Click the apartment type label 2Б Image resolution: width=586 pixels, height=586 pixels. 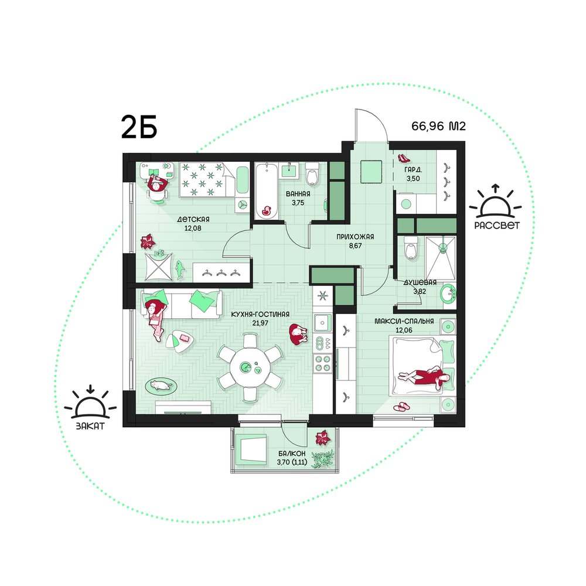point(139,127)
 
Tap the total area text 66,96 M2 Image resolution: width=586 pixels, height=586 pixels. point(438,126)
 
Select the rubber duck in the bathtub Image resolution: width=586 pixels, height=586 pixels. point(267,211)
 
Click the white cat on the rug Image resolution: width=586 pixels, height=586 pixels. point(161,384)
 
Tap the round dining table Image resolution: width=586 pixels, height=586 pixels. point(250,367)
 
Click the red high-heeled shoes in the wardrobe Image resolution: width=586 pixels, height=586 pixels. point(404,158)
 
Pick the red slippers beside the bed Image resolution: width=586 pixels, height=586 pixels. point(401,407)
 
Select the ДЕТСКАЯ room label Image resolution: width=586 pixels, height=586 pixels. point(193,219)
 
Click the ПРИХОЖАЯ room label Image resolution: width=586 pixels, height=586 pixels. point(355,237)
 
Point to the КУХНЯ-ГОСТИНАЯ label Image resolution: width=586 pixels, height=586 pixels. point(260,314)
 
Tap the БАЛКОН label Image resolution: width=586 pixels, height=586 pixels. point(291,454)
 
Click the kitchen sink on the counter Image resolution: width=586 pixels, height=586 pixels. point(322,323)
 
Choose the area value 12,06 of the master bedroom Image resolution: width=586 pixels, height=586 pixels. point(404,330)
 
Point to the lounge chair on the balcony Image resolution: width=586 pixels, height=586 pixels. point(250,449)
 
